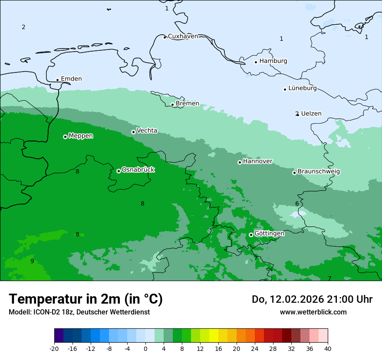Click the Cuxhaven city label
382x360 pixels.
[183, 36]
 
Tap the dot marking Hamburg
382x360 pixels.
[256, 62]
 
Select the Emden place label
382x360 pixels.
[71, 79]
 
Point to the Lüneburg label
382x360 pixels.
[303, 88]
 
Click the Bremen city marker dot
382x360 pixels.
[172, 105]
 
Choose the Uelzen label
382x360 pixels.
[311, 114]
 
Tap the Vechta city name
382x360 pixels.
[147, 131]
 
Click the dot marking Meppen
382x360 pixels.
[65, 137]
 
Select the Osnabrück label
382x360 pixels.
[138, 170]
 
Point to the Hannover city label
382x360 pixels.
[257, 161]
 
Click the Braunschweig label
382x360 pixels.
[319, 171]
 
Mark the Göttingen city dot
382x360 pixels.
[251, 235]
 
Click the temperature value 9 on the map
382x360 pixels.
[32, 261]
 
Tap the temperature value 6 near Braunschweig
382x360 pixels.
[297, 204]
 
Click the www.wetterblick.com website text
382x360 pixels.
[313, 312]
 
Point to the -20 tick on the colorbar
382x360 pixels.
[54, 349]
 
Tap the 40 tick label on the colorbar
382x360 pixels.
[327, 349]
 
